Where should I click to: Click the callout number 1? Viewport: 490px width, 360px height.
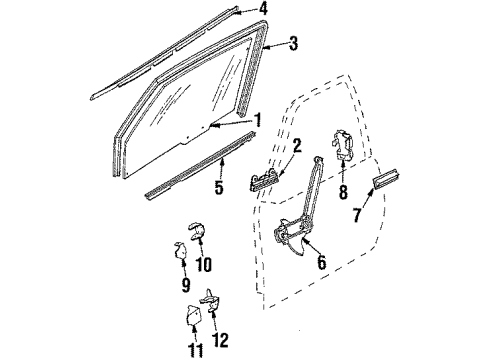[x=257, y=120]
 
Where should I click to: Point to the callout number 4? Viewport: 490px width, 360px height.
[x=263, y=11]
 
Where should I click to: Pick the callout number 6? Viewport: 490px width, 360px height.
[x=321, y=264]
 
